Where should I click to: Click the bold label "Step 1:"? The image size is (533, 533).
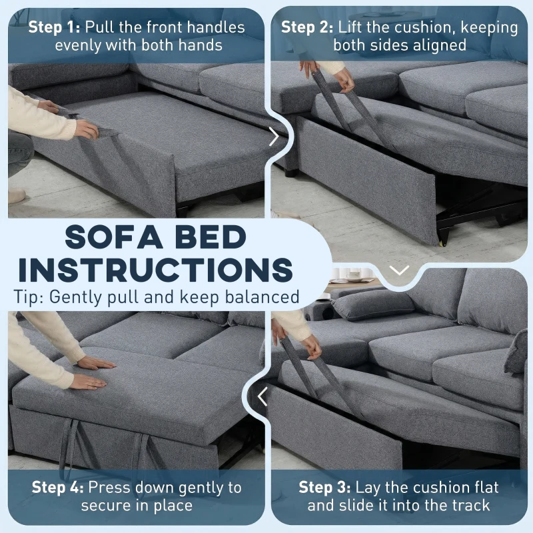point(54,28)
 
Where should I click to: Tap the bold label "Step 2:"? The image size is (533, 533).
point(306,28)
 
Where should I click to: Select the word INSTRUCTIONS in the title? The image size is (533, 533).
point(152,270)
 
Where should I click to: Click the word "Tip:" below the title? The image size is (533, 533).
point(28,297)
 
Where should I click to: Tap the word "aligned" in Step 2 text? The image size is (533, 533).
point(440,45)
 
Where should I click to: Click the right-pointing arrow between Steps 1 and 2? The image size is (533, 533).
point(274,137)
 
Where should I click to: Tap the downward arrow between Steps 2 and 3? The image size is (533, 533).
point(399,270)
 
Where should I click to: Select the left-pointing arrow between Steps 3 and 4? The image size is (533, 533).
point(263,397)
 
